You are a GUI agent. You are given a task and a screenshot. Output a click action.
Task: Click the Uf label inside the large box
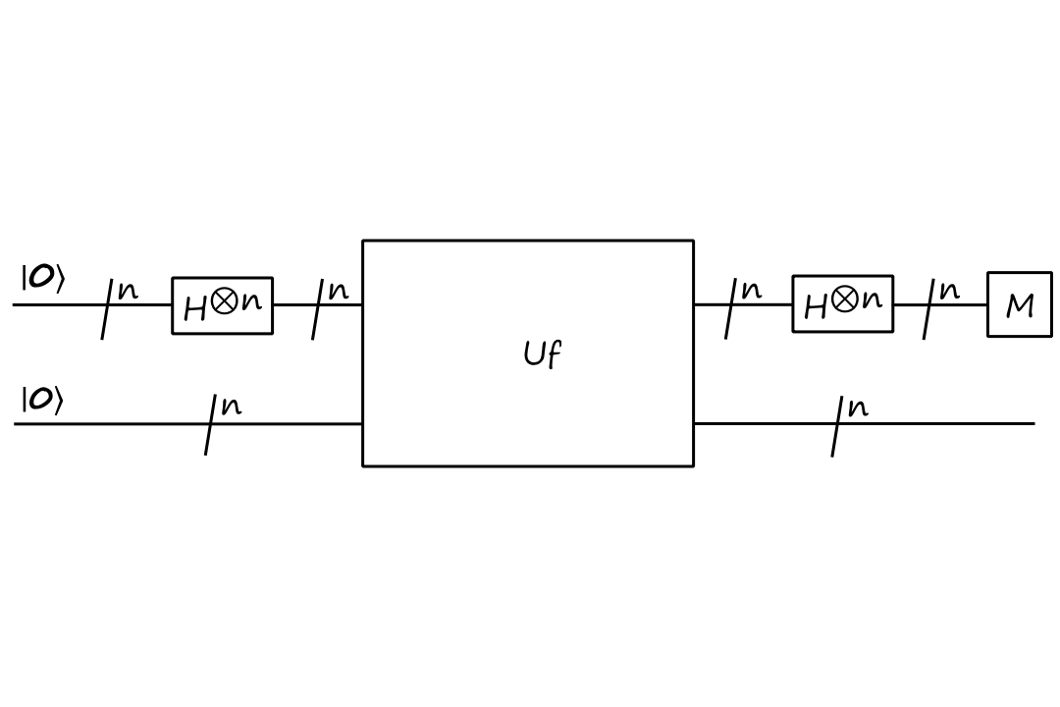click(542, 353)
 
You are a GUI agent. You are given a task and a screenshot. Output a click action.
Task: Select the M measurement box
click(1019, 304)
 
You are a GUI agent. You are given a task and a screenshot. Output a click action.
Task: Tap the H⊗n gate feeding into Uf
click(222, 305)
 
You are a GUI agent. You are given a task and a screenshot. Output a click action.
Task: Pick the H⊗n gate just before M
click(842, 303)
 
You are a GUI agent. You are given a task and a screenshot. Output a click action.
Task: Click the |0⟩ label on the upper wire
click(43, 279)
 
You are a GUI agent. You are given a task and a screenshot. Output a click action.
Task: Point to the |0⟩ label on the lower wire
click(43, 401)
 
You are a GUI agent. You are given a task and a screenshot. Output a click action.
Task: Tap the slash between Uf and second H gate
click(731, 306)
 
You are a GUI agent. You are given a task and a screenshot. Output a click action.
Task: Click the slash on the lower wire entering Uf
click(210, 424)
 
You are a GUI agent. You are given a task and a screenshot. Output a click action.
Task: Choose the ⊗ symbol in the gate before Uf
click(224, 301)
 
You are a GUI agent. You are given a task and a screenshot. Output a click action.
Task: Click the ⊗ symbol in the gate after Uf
click(844, 299)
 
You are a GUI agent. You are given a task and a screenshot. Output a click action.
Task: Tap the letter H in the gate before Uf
click(195, 310)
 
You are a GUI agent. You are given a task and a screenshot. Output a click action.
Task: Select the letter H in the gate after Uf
click(816, 308)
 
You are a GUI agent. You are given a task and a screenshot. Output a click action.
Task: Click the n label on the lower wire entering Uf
click(231, 406)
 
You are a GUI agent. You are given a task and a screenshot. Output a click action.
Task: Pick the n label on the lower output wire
click(858, 407)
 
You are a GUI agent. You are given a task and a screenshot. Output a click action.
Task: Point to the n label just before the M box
click(949, 291)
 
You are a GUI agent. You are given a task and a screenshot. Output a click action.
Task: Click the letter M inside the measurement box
click(1020, 306)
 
